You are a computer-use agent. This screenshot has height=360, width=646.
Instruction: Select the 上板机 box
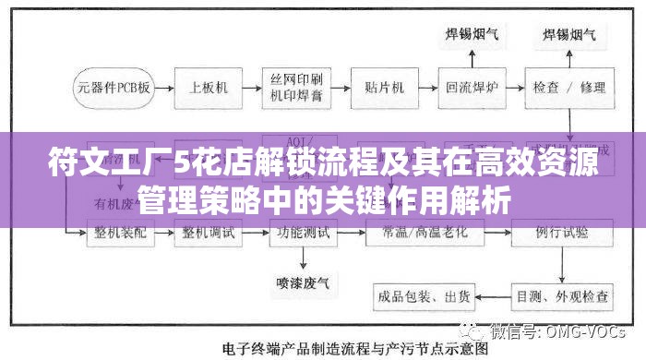coord(209,89)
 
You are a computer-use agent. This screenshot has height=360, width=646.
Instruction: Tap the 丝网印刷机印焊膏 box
coord(296,89)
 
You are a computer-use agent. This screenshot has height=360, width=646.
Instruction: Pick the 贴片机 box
coord(384,89)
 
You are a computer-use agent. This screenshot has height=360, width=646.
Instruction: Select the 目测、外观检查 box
coord(561,296)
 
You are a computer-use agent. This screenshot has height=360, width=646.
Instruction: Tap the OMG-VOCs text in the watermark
coord(591,330)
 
